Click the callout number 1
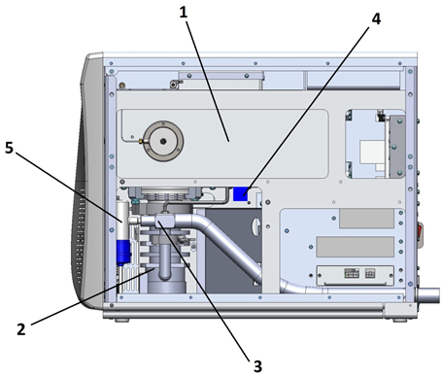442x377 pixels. click(x=184, y=13)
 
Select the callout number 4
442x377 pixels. click(x=376, y=19)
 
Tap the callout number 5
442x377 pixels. click(x=10, y=148)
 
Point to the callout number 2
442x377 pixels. click(x=21, y=329)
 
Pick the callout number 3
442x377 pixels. click(x=257, y=366)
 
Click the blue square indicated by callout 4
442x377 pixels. click(x=241, y=193)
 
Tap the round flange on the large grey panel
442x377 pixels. click(x=163, y=141)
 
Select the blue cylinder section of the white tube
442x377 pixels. click(x=123, y=252)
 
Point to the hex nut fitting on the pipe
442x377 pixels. click(x=165, y=221)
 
